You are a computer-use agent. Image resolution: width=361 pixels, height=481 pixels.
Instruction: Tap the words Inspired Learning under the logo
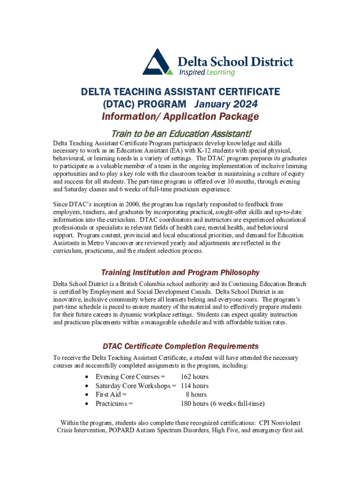click(207, 72)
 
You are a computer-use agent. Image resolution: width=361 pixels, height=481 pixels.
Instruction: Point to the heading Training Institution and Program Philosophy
click(180, 272)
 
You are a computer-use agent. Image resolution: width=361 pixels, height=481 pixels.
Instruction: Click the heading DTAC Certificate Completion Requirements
click(180, 346)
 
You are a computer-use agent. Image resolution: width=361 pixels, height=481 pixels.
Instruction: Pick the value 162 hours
click(195, 377)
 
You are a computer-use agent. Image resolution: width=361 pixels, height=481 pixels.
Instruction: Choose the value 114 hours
click(195, 386)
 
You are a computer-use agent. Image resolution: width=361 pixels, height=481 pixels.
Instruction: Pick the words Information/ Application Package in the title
click(180, 116)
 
